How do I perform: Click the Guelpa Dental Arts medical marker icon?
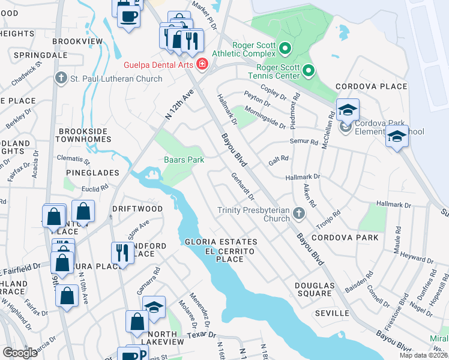202,64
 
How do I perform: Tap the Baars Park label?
184,160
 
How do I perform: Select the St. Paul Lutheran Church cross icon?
60,78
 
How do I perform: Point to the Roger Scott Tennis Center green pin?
309,71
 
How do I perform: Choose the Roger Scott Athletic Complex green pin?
285,48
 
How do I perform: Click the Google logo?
20,353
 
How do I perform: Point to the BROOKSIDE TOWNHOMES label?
83,134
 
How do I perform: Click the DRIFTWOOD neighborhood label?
137,208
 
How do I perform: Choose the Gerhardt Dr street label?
243,187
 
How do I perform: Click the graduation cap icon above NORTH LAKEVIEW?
154,307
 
